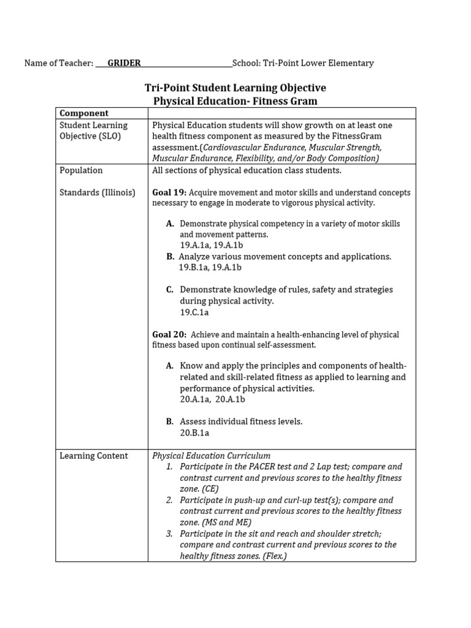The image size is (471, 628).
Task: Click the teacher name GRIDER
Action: click(x=124, y=63)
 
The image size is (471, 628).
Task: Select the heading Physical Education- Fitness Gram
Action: click(x=235, y=101)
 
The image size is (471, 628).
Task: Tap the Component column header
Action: click(x=84, y=113)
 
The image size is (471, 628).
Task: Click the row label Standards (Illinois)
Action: click(x=97, y=193)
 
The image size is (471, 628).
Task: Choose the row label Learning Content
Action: click(x=94, y=456)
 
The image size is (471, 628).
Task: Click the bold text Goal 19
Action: click(x=168, y=193)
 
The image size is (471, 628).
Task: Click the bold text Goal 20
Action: click(x=168, y=335)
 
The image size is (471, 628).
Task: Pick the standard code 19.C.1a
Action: click(x=194, y=312)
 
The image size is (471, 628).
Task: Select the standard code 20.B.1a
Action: click(x=194, y=433)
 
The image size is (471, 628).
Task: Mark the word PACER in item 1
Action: click(x=264, y=467)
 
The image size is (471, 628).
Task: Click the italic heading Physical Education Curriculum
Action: click(x=211, y=456)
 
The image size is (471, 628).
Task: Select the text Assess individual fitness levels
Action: click(x=241, y=422)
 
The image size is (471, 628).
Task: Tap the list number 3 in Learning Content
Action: click(x=169, y=534)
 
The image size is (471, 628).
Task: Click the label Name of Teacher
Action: click(x=58, y=63)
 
